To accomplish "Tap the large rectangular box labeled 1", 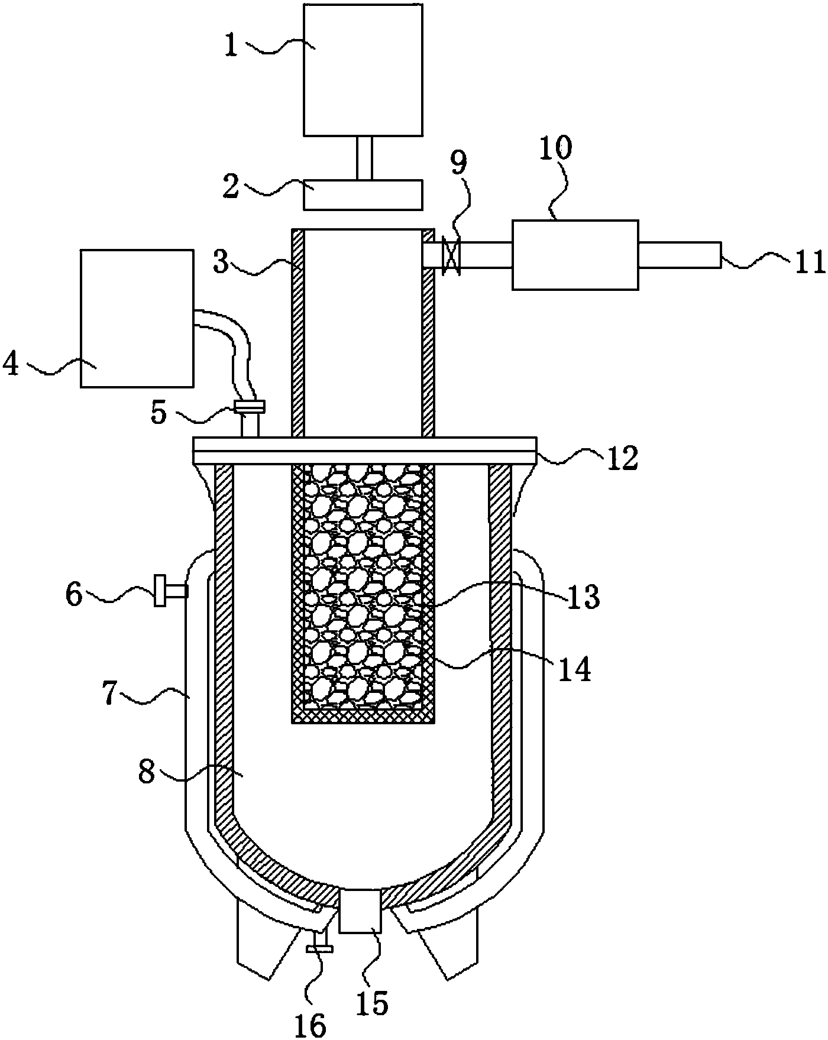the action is point(363,70).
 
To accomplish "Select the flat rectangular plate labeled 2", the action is point(363,195).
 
